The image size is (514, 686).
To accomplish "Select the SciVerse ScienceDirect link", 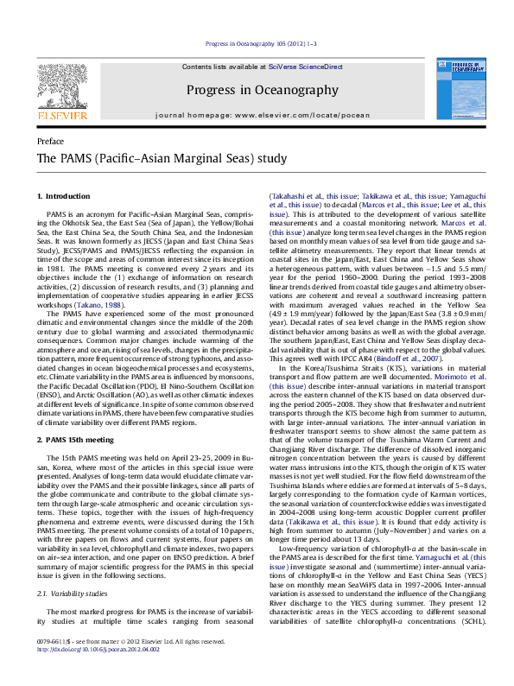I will pos(305,67).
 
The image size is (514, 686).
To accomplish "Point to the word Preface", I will pos(51,141).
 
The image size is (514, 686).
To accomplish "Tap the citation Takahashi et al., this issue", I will pos(310,198).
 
